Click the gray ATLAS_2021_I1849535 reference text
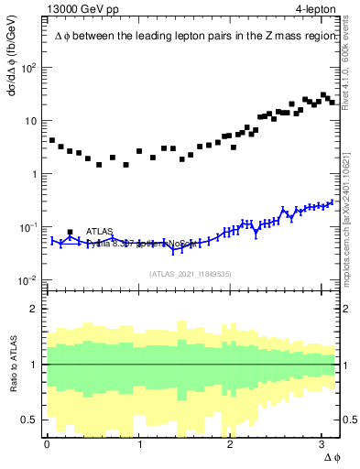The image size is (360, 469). tap(191, 272)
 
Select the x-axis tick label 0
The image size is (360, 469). tap(47, 443)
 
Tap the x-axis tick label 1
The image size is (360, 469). tap(139, 443)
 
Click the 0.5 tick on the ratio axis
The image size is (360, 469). tap(30, 420)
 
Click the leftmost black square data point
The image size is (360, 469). tap(52, 140)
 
